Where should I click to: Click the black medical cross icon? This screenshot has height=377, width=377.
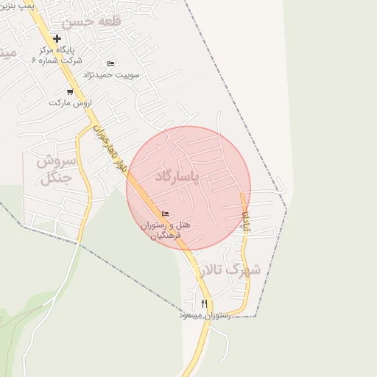57,38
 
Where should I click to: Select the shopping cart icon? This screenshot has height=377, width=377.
70,92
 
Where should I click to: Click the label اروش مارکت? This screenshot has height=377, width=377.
68,103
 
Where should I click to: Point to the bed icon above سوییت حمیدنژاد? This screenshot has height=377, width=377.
110,63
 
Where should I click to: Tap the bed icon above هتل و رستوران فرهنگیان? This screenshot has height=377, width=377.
164,214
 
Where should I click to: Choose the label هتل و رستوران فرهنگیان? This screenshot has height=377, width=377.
171,230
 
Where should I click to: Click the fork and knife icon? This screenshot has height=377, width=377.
204,303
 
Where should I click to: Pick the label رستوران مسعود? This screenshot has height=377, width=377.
205,314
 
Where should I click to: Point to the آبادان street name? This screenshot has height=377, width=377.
247,221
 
